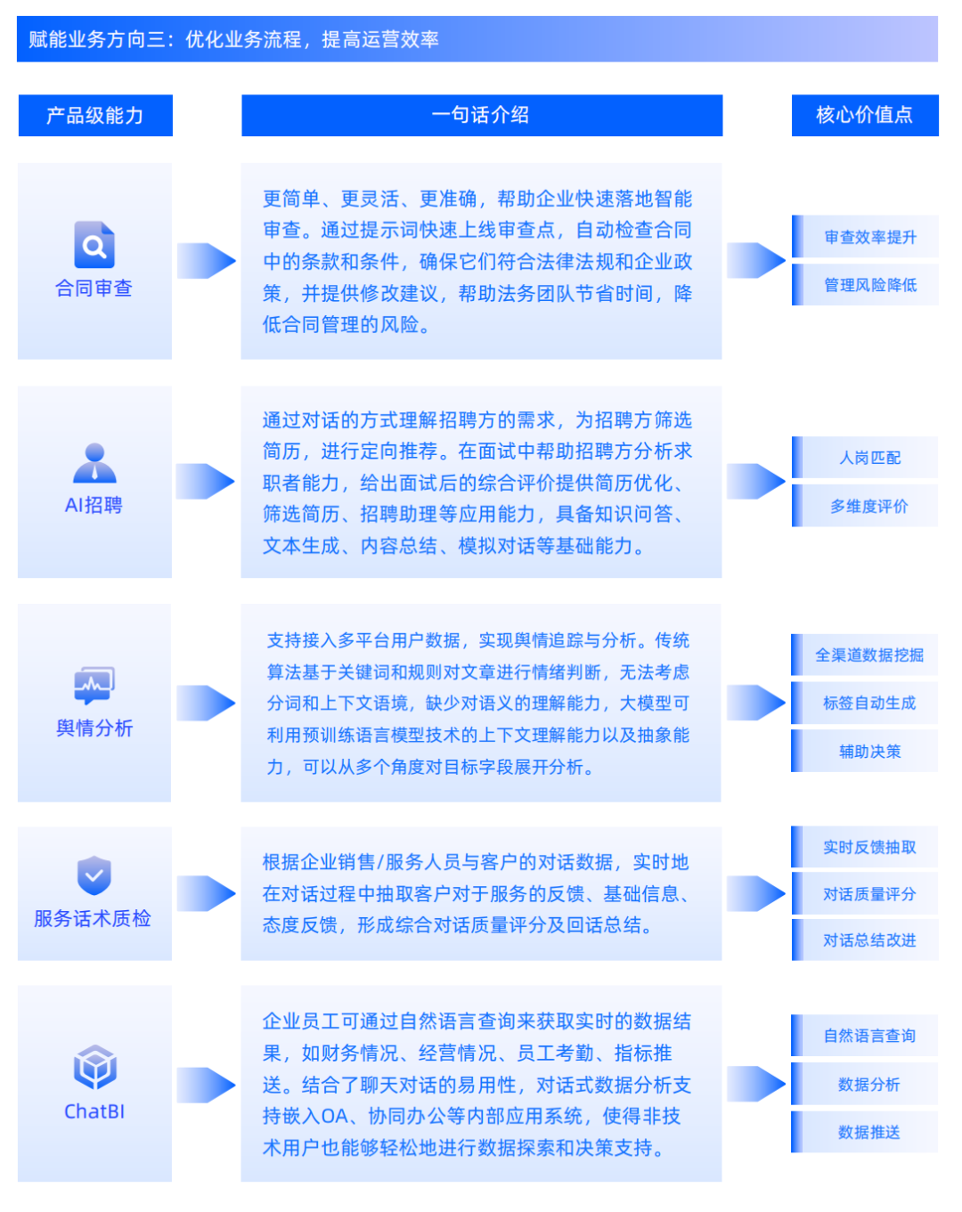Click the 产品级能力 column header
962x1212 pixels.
coord(95,116)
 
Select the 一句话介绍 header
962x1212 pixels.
coord(481,116)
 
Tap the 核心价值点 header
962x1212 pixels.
coord(864,116)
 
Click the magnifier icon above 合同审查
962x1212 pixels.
coord(94,245)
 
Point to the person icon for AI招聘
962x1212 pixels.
coord(94,463)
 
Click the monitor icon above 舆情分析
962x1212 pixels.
coord(94,685)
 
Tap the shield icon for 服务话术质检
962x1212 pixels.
coord(94,875)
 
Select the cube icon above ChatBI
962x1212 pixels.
coord(94,1067)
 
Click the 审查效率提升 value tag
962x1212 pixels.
coord(868,237)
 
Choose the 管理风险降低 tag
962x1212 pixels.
coord(868,285)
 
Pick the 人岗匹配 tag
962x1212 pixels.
coord(868,458)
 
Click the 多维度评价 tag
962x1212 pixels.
coord(868,506)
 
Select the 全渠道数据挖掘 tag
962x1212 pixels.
coord(868,655)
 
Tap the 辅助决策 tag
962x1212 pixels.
coord(868,752)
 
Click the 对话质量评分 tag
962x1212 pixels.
coord(868,894)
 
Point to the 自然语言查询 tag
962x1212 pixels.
coord(868,1036)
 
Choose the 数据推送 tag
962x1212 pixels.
coord(868,1133)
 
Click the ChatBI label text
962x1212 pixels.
coord(94,1111)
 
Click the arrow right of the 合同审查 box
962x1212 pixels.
coord(206,261)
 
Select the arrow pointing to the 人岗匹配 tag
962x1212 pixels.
coord(755,481)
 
